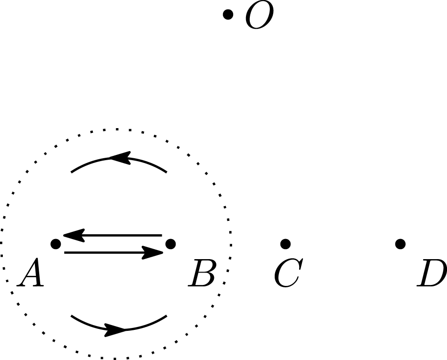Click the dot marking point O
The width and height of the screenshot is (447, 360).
(228, 14)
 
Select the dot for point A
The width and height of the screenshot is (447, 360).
(56, 244)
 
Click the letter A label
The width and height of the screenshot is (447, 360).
(31, 275)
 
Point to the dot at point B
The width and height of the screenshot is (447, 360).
(170, 244)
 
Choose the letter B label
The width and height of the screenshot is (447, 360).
(201, 275)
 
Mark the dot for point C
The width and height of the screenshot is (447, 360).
(286, 244)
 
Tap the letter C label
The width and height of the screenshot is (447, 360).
(287, 275)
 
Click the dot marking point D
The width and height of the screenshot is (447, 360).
(401, 244)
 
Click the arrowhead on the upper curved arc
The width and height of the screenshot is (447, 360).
(120, 158)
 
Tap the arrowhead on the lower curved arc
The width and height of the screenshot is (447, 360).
(116, 329)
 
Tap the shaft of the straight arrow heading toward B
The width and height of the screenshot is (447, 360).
(105, 252)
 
